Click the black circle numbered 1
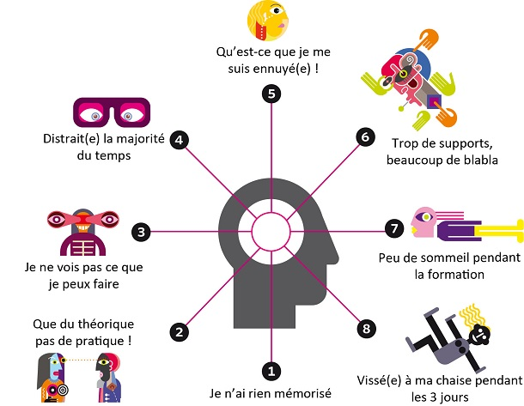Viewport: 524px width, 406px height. pyautogui.click(x=271, y=371)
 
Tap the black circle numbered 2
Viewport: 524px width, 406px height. pyautogui.click(x=180, y=331)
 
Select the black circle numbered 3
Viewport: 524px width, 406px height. pyautogui.click(x=141, y=230)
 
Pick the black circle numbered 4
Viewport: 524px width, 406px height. pyautogui.click(x=180, y=139)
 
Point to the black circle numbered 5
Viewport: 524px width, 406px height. pyautogui.click(x=271, y=94)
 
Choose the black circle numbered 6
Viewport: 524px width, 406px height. pyautogui.click(x=363, y=136)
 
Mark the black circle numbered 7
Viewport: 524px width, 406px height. pyautogui.click(x=393, y=228)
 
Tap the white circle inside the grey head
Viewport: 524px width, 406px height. pyautogui.click(x=271, y=230)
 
